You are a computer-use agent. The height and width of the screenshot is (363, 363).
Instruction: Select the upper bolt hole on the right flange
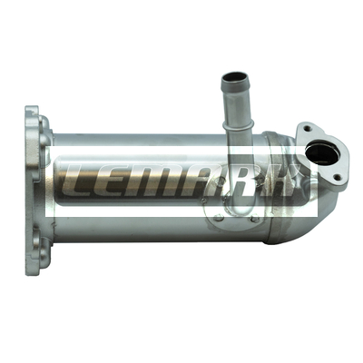pyautogui.click(x=307, y=128)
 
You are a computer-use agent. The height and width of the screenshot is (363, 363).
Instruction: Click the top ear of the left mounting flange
pyautogui.click(x=34, y=117)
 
